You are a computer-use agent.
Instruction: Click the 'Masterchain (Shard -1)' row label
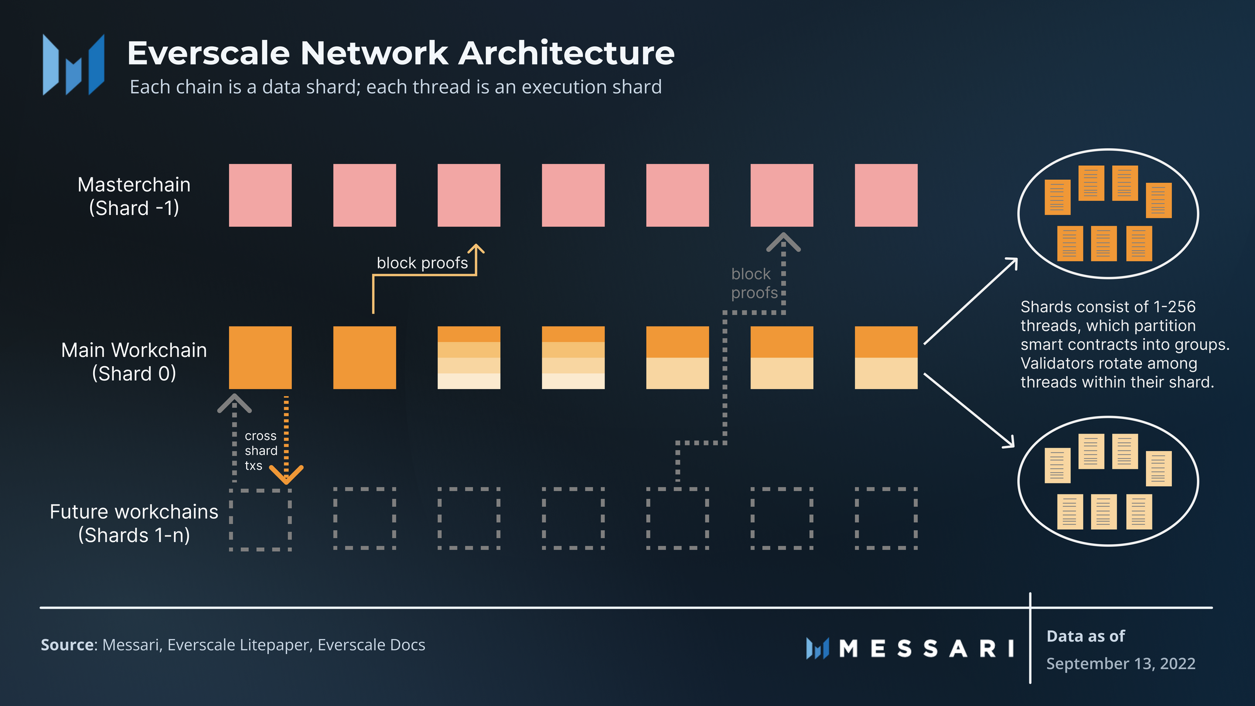pyautogui.click(x=134, y=196)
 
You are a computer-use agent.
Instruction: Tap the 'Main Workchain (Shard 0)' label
pyautogui.click(x=134, y=361)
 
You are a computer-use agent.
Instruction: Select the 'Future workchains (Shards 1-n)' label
pyautogui.click(x=134, y=523)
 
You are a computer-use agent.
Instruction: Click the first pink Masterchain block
pyautogui.click(x=260, y=195)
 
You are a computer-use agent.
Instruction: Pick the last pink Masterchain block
pyautogui.click(x=886, y=195)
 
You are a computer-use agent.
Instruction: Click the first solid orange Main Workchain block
pyautogui.click(x=260, y=357)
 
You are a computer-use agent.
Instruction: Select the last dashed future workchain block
pyautogui.click(x=886, y=518)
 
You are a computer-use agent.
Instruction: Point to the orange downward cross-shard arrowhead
pyautogui.click(x=286, y=475)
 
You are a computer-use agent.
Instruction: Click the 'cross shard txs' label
pyautogui.click(x=261, y=451)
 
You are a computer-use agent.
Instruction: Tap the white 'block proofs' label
pyautogui.click(x=422, y=263)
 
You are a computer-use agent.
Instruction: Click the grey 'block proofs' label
pyautogui.click(x=754, y=283)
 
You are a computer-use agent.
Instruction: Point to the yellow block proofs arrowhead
pyautogui.click(x=476, y=249)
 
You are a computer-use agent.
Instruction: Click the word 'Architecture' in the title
pyautogui.click(x=566, y=53)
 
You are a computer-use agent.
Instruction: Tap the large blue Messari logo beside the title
pyautogui.click(x=73, y=64)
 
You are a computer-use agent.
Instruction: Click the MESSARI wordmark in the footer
pyautogui.click(x=926, y=649)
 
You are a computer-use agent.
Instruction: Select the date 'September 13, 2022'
pyautogui.click(x=1120, y=663)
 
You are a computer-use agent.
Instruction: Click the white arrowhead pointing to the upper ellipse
pyautogui.click(x=1012, y=263)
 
